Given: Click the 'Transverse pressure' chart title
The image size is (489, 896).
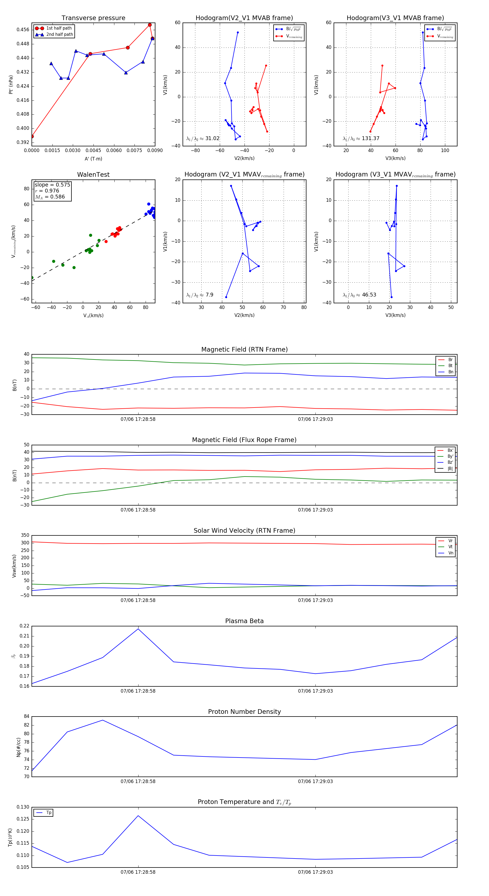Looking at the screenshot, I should pos(93,18).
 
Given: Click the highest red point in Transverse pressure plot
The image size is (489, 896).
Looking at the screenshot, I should pos(150,25).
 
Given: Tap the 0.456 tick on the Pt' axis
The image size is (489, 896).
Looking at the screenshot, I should pos(23,30).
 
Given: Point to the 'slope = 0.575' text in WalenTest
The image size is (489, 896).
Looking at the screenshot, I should pos(52,185).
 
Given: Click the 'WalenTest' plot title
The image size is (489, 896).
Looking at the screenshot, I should pos(93,175).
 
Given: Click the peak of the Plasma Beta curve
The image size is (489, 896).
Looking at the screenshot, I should pos(138,629).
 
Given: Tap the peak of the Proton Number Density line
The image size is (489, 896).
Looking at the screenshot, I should pos(103,720).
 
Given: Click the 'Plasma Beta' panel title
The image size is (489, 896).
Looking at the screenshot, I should pos(244,621).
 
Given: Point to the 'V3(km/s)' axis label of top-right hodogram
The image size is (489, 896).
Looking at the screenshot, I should pos(395,158).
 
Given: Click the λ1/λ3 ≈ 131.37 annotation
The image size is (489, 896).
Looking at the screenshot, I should pos(361,138).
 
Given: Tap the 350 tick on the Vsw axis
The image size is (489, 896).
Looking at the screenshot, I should pos(25,535).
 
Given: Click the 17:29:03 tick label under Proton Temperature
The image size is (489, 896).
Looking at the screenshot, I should pos(315,872).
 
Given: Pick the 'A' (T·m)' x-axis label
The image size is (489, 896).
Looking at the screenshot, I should pos(93,159).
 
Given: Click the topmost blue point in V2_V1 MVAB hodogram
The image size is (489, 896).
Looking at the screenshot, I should pos(238,33).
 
